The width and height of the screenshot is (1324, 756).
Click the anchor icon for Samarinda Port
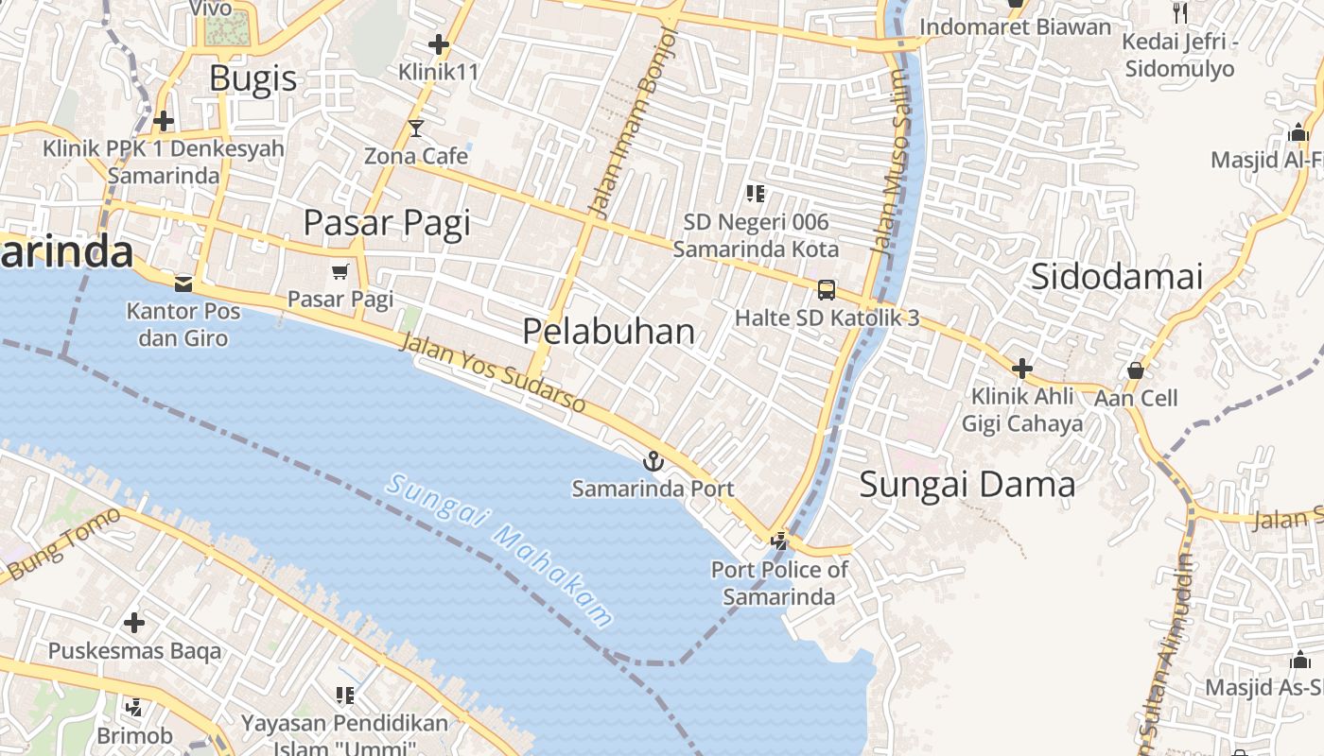tap(653, 461)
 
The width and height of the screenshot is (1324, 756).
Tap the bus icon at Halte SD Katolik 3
tap(827, 289)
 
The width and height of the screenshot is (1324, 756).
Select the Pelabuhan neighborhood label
tap(608, 331)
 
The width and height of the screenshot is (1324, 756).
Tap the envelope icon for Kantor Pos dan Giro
tap(183, 283)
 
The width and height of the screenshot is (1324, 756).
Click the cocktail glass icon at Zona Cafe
tap(416, 128)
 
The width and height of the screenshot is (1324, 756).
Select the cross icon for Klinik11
tap(438, 43)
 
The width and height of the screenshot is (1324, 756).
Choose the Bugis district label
tap(253, 77)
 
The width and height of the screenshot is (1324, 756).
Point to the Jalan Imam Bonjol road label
tap(634, 123)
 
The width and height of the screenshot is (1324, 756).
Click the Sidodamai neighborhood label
tap(1116, 277)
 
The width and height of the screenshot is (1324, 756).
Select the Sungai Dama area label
tap(967, 485)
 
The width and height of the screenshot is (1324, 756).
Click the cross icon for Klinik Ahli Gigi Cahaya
tap(1021, 369)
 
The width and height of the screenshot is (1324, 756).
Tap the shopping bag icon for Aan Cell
tap(1135, 369)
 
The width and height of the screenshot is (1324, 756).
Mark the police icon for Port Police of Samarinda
tap(779, 541)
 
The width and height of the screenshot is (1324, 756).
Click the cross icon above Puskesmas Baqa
tap(134, 623)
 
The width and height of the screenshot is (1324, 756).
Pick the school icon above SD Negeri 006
tap(755, 194)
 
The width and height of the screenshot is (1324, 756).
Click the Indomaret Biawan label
tap(1015, 26)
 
